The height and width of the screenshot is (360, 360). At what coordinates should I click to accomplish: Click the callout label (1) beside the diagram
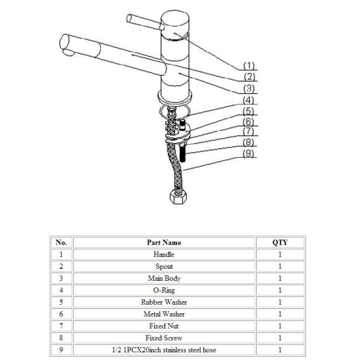coord(248,65)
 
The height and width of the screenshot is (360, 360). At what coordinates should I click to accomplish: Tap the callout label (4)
coord(248,100)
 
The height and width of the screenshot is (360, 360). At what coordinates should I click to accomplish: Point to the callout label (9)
coord(248,154)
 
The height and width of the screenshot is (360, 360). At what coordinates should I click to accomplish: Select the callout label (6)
coord(248,121)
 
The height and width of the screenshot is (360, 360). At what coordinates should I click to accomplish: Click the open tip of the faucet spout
coord(65,45)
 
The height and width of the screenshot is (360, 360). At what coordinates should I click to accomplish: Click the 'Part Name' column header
coord(164,242)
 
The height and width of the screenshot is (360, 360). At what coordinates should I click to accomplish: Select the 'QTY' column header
coord(280,242)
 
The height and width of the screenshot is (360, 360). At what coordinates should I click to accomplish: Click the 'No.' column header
coord(61,242)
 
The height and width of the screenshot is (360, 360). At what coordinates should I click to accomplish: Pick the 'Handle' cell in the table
coord(164,254)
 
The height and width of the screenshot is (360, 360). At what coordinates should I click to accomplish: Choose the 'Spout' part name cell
coord(164,266)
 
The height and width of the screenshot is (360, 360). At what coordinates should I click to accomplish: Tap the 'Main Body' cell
coord(164,278)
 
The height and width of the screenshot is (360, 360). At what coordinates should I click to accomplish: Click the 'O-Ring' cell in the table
coord(164,290)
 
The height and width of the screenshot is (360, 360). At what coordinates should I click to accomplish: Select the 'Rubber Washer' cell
coord(164,302)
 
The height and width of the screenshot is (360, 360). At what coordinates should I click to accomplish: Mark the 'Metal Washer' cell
coord(164,314)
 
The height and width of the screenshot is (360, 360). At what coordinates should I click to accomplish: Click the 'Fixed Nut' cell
coord(164,326)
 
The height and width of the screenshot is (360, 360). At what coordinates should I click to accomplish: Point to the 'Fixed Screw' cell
coord(164,338)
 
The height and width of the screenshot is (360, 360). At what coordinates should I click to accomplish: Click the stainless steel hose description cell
coord(164,350)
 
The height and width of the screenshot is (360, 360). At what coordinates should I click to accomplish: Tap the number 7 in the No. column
coord(61,326)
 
